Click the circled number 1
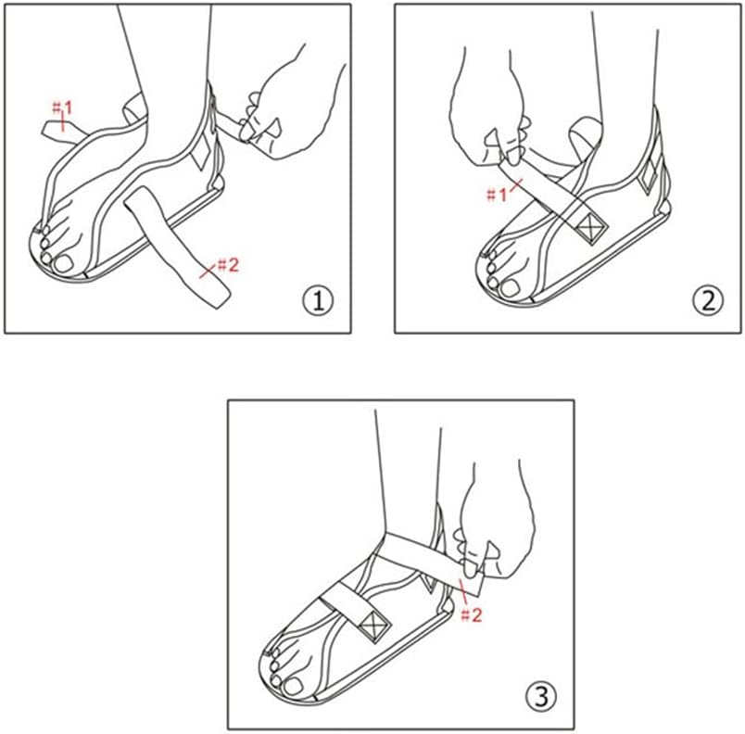(318, 300)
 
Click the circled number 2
(708, 300)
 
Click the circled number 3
(541, 697)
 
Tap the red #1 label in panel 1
(62, 108)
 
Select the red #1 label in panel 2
(497, 195)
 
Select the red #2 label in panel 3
(472, 615)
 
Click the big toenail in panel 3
(293, 686)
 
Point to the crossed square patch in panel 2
(591, 228)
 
